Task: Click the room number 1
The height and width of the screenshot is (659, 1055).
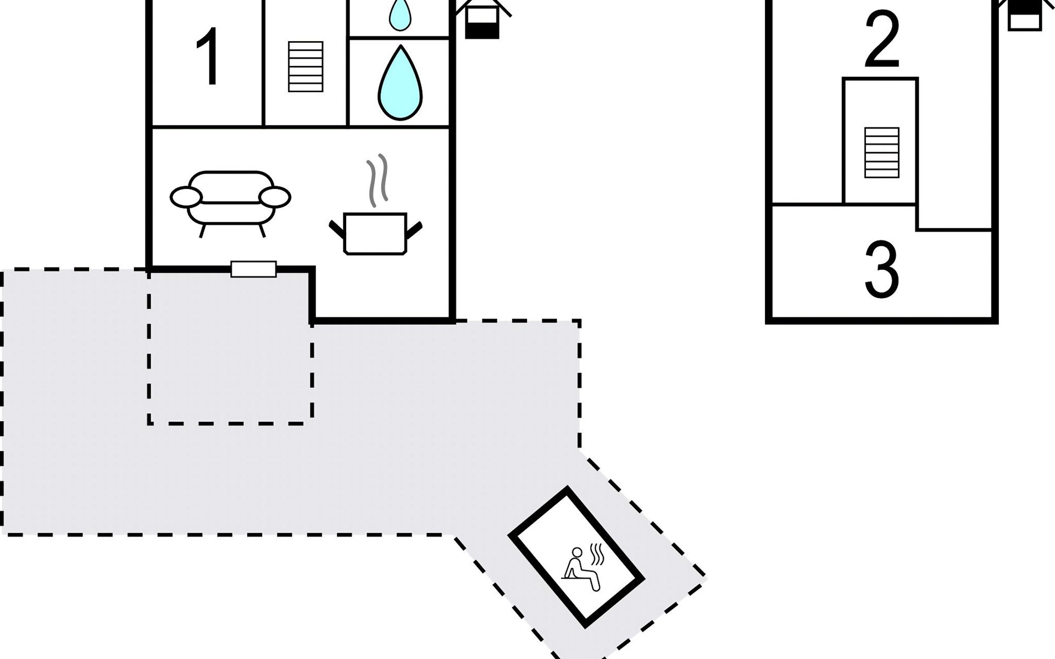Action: click(208, 57)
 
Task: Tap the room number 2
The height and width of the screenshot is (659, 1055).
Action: click(882, 40)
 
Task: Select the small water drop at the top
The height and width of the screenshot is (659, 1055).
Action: click(400, 14)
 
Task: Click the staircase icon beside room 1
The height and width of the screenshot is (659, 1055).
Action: click(306, 66)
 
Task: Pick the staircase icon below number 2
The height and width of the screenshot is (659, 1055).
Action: click(882, 153)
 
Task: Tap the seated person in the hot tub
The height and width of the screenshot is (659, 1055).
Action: click(580, 569)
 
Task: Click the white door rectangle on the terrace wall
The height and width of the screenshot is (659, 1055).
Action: click(253, 269)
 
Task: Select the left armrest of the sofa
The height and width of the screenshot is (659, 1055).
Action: click(186, 197)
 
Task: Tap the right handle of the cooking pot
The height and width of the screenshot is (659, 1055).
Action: click(413, 229)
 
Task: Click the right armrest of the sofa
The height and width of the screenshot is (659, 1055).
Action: click(275, 197)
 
